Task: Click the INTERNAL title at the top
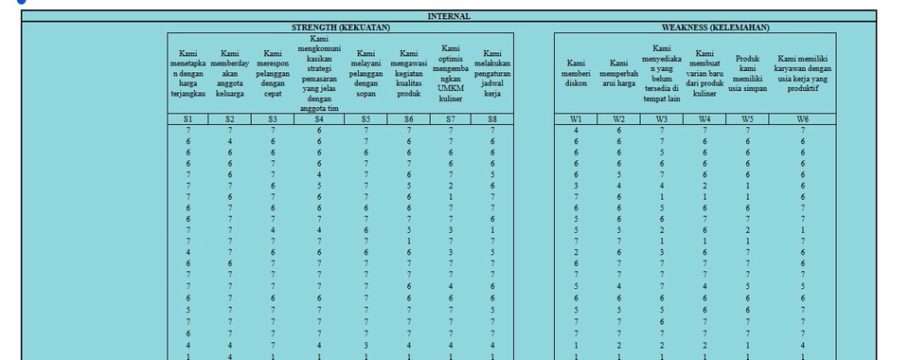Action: point(449,17)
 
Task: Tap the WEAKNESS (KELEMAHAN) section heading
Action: point(715,27)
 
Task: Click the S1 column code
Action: point(188,119)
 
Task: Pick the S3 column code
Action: point(273,119)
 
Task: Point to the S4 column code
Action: point(319,119)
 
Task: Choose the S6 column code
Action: point(408,119)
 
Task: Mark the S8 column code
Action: point(492,119)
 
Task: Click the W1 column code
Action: point(576,119)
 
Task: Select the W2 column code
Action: point(618,119)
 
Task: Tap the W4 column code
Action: point(704,119)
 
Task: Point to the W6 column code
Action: point(803,119)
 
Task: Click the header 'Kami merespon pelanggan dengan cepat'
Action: point(273,74)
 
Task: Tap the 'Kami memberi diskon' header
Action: point(576,74)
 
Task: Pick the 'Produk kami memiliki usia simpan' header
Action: point(748,74)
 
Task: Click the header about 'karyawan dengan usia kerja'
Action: point(803,68)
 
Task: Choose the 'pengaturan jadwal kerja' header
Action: point(492,74)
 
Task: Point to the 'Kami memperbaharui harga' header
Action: point(618,74)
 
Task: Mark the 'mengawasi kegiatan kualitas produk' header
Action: point(408,74)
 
